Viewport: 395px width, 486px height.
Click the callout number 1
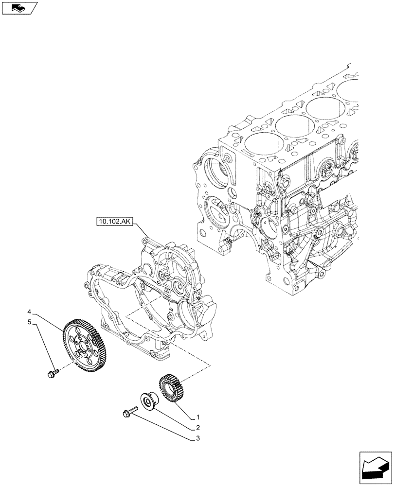pos(198,417)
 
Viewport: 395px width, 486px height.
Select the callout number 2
pos(198,428)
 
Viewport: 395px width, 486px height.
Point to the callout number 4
pos(30,312)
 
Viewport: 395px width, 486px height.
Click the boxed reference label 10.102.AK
pos(114,223)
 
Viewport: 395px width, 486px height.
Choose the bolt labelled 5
pos(52,373)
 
